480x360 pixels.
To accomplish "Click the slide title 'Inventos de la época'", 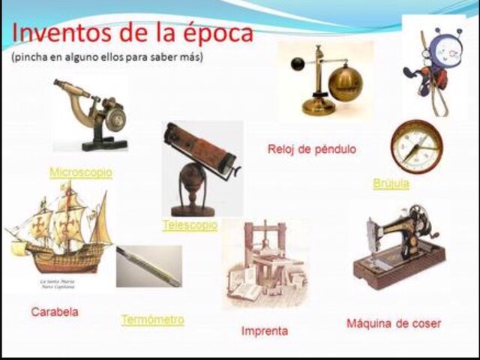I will coord(133,34).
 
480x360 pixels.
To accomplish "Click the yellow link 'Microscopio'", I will coord(80,172).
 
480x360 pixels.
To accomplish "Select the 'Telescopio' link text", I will coord(190,224).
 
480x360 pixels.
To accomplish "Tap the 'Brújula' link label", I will coord(391,184).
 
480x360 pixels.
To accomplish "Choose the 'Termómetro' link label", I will coord(152,319).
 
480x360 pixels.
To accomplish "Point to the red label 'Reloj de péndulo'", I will coord(311,149).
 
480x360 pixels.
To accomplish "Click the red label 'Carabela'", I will coord(55,310).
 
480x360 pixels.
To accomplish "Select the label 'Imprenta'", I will coord(264,330).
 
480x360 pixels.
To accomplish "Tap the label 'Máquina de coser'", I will coord(394,323).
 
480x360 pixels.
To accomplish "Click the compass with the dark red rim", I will coord(416,147).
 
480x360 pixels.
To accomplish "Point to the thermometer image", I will coord(148,266).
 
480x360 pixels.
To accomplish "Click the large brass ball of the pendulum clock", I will coord(346,82).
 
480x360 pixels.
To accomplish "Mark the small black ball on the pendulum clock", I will coord(298,63).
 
